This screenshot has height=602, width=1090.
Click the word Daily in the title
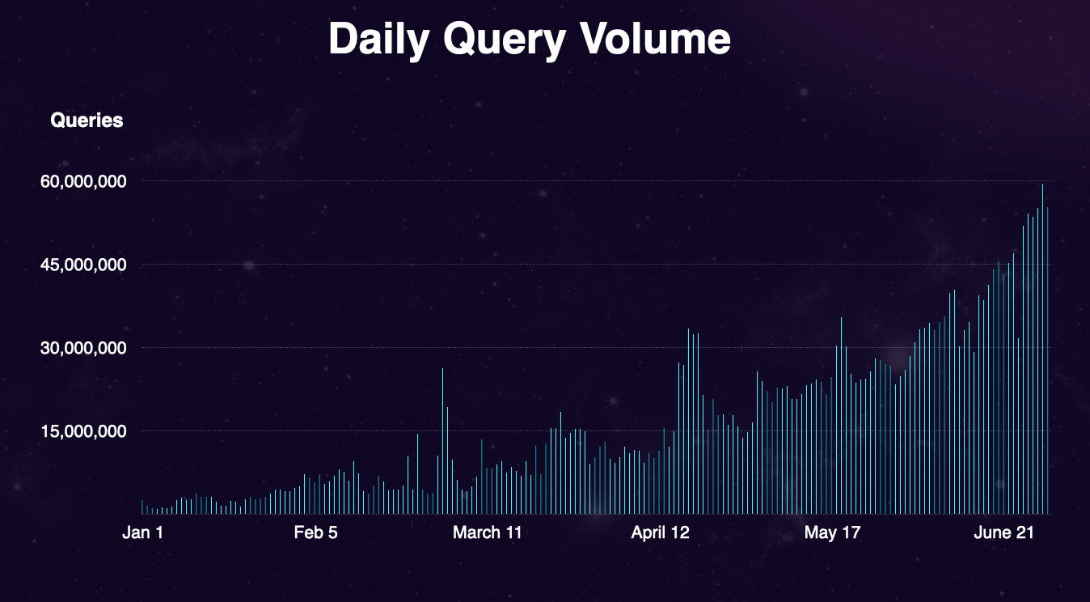pyautogui.click(x=378, y=39)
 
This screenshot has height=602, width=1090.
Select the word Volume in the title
pyautogui.click(x=653, y=39)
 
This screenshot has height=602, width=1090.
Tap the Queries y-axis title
pyautogui.click(x=87, y=121)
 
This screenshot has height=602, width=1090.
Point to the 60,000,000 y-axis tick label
pyautogui.click(x=83, y=182)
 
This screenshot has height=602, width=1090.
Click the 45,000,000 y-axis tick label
pyautogui.click(x=83, y=265)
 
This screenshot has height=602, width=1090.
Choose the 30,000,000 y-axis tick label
pyautogui.click(x=83, y=349)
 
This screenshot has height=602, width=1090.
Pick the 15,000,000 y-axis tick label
pyautogui.click(x=83, y=431)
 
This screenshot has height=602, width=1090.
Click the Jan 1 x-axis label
pyautogui.click(x=143, y=532)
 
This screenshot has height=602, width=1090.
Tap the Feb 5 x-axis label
pyautogui.click(x=315, y=532)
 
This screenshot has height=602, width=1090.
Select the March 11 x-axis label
pyautogui.click(x=487, y=532)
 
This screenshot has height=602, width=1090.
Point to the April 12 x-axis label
pyautogui.click(x=661, y=532)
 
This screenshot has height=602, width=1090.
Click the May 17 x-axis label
pyautogui.click(x=832, y=532)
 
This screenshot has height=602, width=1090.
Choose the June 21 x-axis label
pyautogui.click(x=1003, y=532)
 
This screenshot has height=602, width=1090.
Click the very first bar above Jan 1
pyautogui.click(x=142, y=507)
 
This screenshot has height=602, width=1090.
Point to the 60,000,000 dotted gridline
pyautogui.click(x=566, y=181)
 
